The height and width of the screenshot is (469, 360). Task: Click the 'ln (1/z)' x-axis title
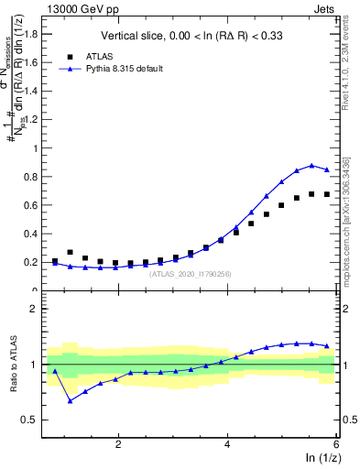click(321, 458)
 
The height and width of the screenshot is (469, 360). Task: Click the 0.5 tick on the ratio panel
click(30, 420)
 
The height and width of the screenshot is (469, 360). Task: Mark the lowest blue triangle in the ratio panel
click(71, 400)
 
